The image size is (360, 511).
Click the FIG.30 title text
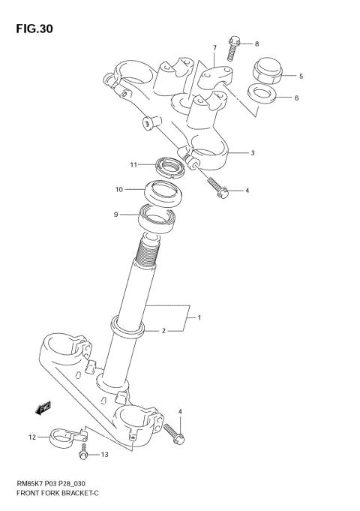click(31, 29)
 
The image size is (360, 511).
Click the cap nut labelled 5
click(265, 72)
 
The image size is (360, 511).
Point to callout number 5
click(301, 76)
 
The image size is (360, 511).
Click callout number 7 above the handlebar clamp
click(214, 48)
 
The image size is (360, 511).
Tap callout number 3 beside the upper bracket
click(253, 153)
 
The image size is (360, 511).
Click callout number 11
click(133, 165)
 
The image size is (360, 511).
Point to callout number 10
click(118, 189)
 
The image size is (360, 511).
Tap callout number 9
click(116, 215)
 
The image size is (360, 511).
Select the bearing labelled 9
click(157, 218)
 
